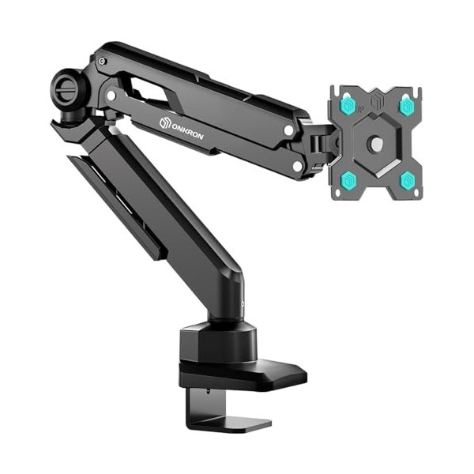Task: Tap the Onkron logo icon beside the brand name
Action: point(165,122)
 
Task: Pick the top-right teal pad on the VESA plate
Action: point(407,105)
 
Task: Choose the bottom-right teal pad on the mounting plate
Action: point(408,181)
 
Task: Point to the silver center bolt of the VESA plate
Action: point(377,144)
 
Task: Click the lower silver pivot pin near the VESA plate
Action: point(297,166)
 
